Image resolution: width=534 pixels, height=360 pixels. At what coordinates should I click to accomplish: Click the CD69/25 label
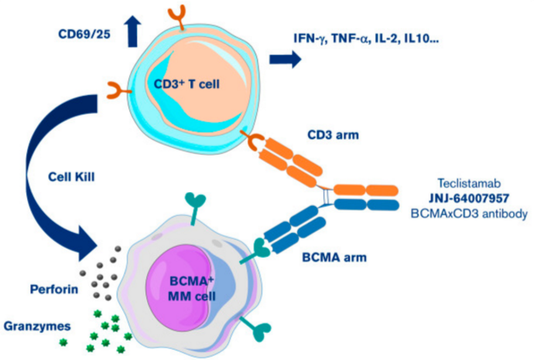(83, 34)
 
